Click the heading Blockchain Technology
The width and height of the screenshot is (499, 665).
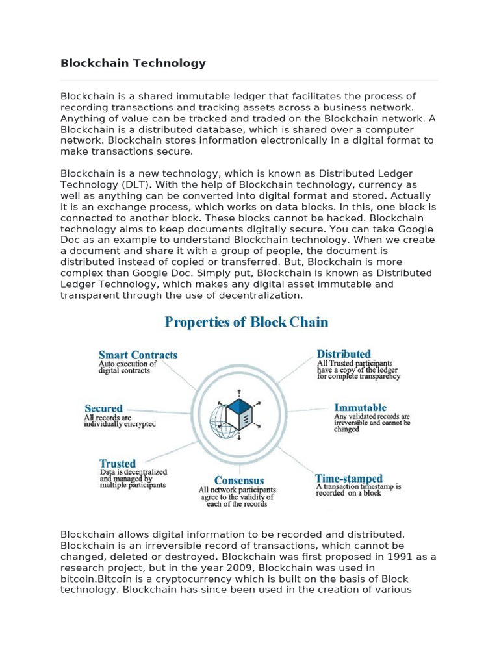[133, 63]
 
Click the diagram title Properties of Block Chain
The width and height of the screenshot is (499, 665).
[246, 322]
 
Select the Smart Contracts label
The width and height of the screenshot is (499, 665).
[138, 355]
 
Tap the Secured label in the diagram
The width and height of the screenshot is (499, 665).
[103, 408]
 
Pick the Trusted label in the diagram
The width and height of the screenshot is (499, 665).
[118, 464]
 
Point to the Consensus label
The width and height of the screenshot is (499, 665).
[239, 481]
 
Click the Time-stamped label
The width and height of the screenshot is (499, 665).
[349, 478]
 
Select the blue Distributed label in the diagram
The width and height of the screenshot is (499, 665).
[344, 354]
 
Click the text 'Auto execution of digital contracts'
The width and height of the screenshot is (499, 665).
[127, 368]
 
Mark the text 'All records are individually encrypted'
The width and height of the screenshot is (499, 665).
[120, 420]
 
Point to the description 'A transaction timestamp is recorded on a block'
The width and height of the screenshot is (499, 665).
[358, 489]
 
